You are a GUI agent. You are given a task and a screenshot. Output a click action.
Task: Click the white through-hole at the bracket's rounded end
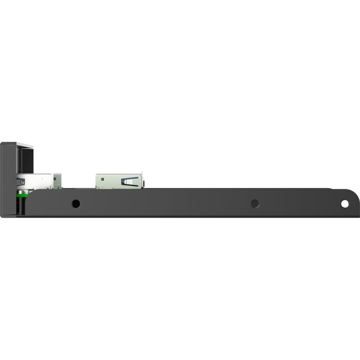pos(344,204)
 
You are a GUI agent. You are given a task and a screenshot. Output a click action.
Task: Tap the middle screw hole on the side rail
pos(255,203)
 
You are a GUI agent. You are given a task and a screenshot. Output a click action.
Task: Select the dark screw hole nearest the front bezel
pos(76,203)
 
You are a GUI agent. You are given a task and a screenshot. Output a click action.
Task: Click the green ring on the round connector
pos(20,194)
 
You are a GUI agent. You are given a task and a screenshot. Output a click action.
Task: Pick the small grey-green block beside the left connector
pos(58,180)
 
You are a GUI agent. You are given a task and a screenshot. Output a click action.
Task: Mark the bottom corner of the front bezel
pos(2,216)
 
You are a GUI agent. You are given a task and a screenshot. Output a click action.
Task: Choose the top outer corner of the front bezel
pos(2,143)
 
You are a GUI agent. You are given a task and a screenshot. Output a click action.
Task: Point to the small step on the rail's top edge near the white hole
pos(332,189)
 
